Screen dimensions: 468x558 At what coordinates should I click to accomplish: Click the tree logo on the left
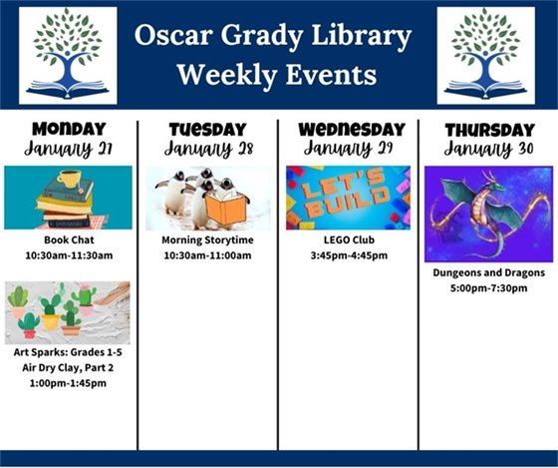click(68, 55)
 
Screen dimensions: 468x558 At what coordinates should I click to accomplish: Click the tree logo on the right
click(485, 55)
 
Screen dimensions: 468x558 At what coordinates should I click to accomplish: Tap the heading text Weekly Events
click(276, 75)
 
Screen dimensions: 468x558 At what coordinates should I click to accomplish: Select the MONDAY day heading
click(68, 129)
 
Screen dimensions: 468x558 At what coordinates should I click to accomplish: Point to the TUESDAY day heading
click(207, 130)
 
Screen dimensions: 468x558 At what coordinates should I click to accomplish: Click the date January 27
click(68, 149)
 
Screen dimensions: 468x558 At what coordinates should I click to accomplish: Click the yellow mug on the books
click(69, 180)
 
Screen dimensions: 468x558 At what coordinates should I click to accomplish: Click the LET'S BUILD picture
click(348, 198)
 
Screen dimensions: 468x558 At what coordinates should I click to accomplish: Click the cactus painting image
click(68, 312)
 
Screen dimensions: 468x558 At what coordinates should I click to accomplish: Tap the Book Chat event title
click(68, 240)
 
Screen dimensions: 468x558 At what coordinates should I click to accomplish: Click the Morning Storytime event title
click(207, 240)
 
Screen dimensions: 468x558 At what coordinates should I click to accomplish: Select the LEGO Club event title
click(348, 240)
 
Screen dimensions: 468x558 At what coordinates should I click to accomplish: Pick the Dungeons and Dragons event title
click(487, 272)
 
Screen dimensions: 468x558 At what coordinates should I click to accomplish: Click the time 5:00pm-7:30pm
click(487, 288)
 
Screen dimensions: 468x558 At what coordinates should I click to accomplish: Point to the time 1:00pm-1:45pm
click(68, 383)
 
